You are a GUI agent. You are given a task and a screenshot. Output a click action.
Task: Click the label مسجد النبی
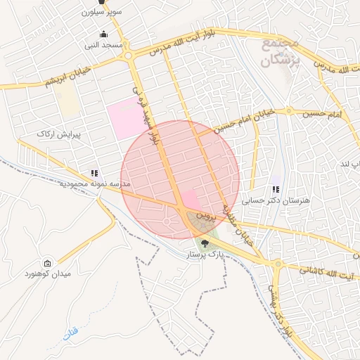click(x=104, y=45)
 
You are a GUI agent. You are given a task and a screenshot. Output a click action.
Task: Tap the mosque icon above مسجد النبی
click(x=104, y=34)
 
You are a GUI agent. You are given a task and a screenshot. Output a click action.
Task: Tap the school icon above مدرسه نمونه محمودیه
click(x=94, y=173)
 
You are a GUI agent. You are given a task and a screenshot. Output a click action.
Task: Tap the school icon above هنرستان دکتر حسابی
click(x=276, y=189)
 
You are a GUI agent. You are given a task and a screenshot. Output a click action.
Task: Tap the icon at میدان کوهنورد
click(x=48, y=262)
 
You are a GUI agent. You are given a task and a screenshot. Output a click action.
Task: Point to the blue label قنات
click(x=70, y=337)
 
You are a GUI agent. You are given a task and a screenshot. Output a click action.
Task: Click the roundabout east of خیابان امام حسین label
click(x=288, y=111)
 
